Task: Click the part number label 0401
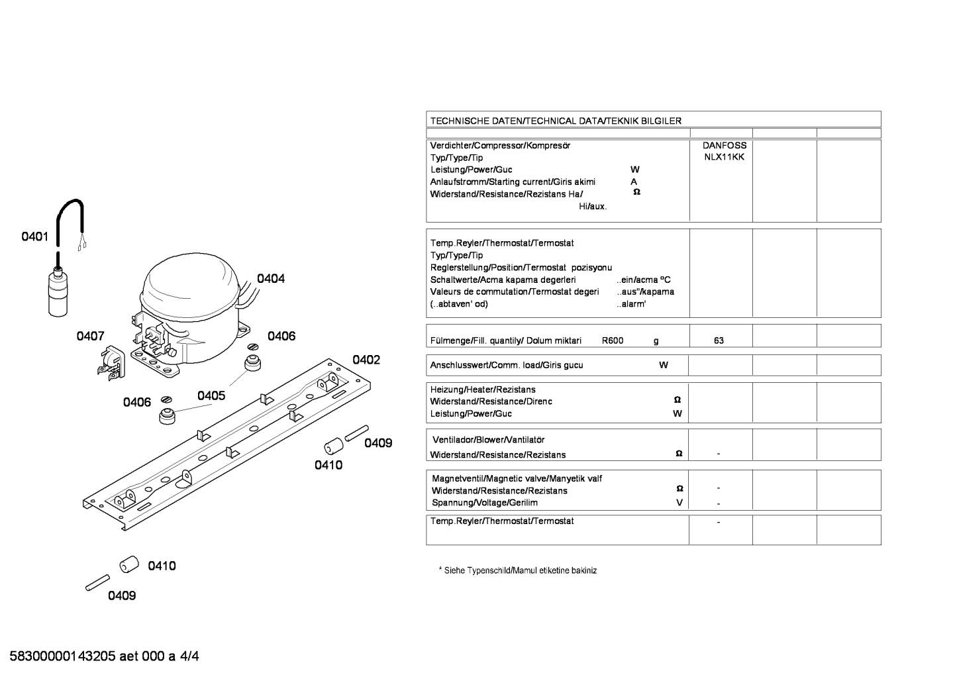pos(35,236)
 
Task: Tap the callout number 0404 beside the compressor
pos(271,278)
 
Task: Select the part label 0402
pos(366,360)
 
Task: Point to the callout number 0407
pos(90,336)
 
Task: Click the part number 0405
pos(211,395)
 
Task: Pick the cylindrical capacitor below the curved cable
pos(58,291)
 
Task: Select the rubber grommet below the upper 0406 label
pos(252,362)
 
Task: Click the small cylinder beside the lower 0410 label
pos(129,564)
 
